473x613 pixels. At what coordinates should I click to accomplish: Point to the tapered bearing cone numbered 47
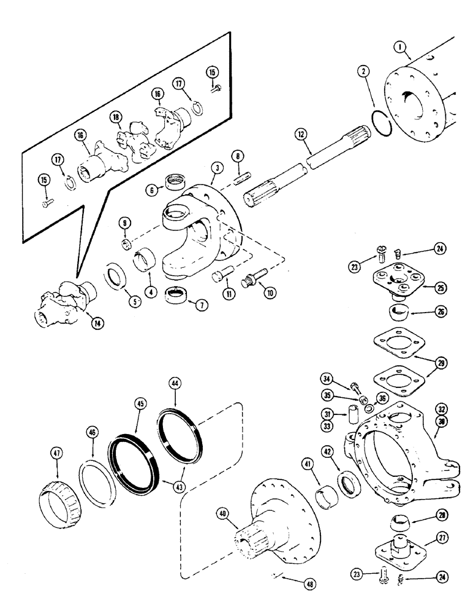(x=61, y=486)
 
